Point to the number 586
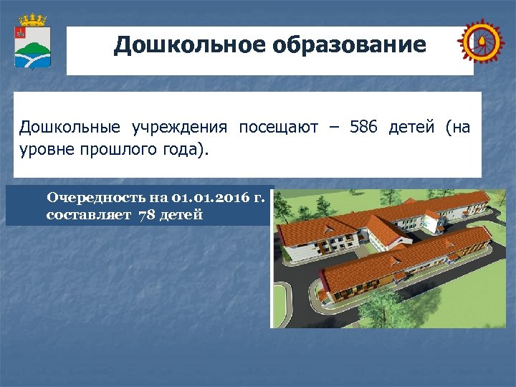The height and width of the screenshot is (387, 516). (365, 128)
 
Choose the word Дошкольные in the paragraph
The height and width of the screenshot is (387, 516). (70, 128)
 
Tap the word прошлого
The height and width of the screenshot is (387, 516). (115, 151)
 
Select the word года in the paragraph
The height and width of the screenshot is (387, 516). (183, 151)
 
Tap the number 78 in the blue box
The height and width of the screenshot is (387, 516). (145, 214)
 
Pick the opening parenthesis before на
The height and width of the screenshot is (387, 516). (448, 128)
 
